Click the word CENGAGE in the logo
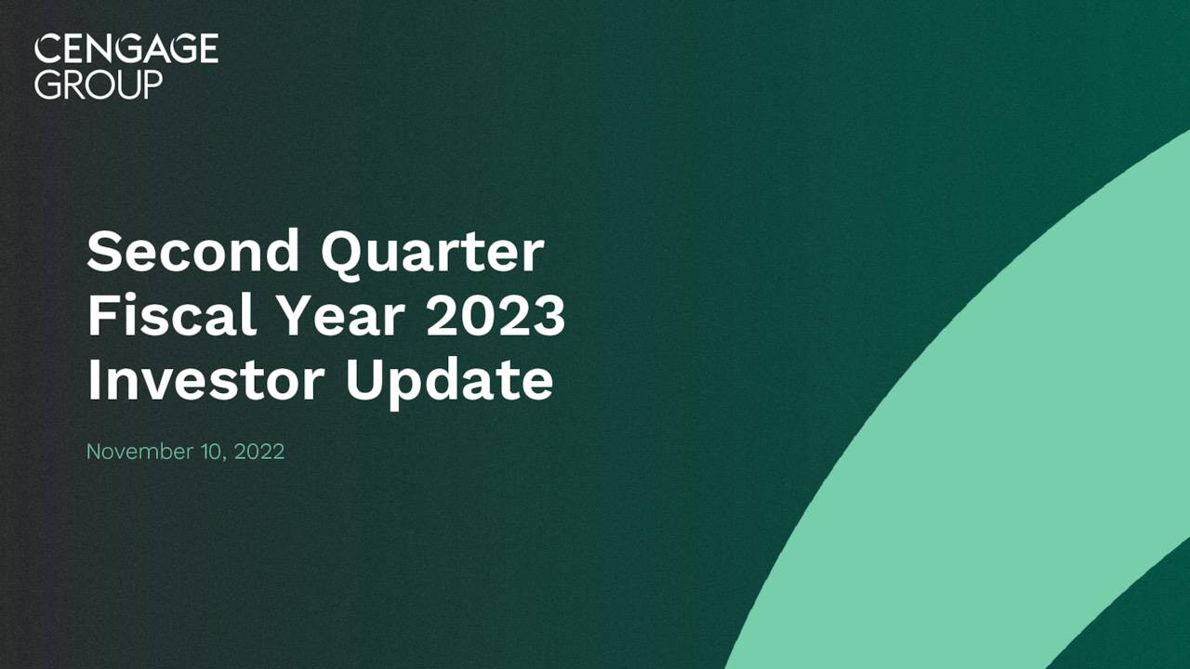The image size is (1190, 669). (x=126, y=49)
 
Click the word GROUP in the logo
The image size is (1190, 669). (x=99, y=85)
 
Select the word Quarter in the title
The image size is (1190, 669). (x=432, y=253)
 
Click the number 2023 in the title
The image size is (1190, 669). (x=496, y=316)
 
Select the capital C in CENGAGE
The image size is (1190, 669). (x=46, y=49)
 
